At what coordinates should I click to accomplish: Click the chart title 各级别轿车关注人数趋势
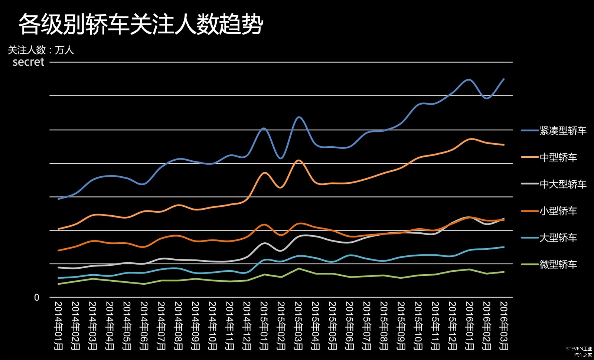coord(141,24)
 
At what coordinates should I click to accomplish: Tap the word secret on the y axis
coord(28,62)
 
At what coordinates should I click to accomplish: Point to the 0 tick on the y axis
coord(36,297)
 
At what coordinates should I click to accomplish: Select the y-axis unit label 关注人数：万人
coord(41,50)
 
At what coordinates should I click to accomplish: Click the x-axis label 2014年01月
coord(59,325)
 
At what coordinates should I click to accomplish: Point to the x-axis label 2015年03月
coord(298,325)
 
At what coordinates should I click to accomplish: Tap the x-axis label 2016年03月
coord(504,325)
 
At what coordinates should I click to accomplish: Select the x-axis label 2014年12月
coord(247,325)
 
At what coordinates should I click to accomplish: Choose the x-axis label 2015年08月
coord(384,325)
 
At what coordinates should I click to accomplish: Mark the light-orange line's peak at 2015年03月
coord(298,160)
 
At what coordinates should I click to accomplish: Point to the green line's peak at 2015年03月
coord(298,268)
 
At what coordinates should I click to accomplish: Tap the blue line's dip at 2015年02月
coord(281,158)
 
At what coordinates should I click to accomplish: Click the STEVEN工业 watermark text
coord(579,349)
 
